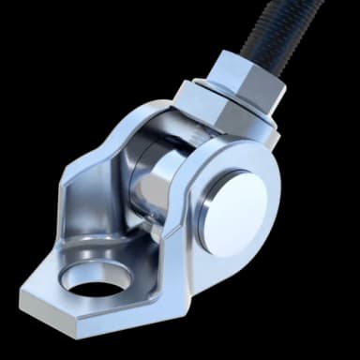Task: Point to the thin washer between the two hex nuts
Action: pos(231,95)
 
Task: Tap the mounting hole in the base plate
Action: pos(94,278)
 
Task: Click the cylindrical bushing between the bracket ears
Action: pos(150,183)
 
